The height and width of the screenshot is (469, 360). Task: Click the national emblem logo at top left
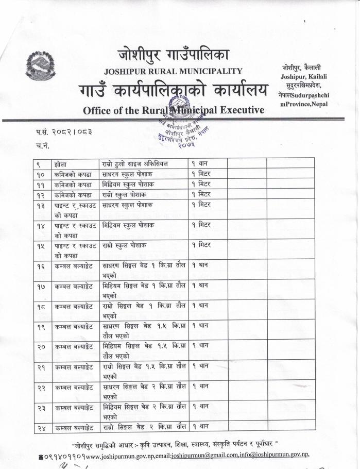pos(40,65)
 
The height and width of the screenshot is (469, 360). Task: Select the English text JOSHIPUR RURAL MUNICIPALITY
pos(173,71)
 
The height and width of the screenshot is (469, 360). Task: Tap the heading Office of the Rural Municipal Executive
pos(174,110)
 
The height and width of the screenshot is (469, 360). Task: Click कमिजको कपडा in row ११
pos(73,184)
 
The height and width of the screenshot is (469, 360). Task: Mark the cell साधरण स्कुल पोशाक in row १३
pos(131,205)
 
